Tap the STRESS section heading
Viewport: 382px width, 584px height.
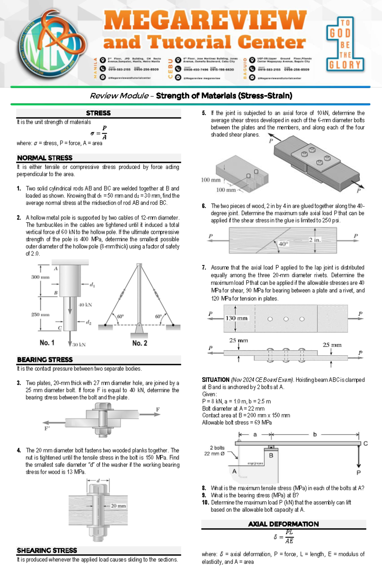(x=98, y=113)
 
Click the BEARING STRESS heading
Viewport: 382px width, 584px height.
(x=45, y=360)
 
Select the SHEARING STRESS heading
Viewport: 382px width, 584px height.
(x=47, y=550)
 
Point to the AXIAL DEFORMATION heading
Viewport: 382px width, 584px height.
(x=283, y=524)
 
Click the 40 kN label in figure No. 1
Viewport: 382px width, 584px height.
(x=85, y=305)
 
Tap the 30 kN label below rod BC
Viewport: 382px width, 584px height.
(x=79, y=344)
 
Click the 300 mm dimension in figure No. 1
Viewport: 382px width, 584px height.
(x=40, y=277)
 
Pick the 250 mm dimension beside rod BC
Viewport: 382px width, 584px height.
(x=40, y=314)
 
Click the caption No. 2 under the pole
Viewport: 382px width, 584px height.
(x=140, y=343)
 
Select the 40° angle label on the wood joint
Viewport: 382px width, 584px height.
(x=283, y=244)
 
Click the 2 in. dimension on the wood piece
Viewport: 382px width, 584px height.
(x=315, y=240)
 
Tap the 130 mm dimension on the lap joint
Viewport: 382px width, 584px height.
(x=236, y=318)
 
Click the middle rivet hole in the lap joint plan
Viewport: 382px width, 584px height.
(x=286, y=319)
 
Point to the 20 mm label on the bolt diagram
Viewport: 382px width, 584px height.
(x=118, y=506)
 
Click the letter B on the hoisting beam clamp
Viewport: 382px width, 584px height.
(x=271, y=455)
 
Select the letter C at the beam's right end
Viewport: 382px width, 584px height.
(x=365, y=443)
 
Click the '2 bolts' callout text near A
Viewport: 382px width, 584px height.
(x=217, y=448)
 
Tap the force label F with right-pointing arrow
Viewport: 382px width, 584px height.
(x=158, y=410)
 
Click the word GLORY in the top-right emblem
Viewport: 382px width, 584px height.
(x=345, y=65)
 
